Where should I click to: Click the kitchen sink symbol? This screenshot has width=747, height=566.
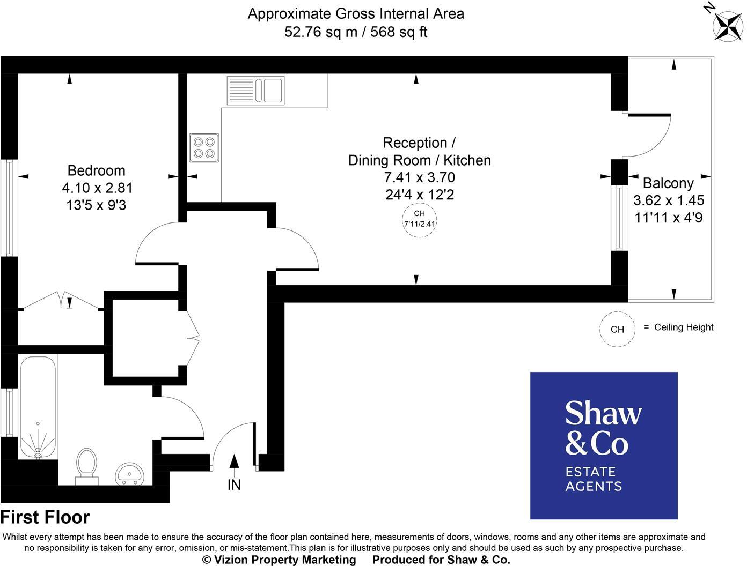point(256,90)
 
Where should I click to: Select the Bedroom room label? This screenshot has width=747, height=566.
point(96,170)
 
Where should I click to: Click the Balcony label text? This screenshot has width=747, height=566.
point(668,183)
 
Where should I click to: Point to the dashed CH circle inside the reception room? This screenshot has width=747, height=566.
point(419,219)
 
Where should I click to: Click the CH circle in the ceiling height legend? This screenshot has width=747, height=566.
point(617,329)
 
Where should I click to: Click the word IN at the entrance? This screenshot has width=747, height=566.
point(234,485)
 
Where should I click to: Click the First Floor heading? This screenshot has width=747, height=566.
point(45,517)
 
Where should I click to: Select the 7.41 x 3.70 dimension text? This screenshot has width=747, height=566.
point(419,177)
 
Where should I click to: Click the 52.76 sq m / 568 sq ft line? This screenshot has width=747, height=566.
point(356,32)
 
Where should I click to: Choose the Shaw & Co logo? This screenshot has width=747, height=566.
point(604,445)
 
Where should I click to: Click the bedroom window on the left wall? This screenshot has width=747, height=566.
point(9,207)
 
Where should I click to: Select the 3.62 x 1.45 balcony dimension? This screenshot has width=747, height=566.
point(668,200)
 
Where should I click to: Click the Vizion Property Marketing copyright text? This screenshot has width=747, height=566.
point(279,560)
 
